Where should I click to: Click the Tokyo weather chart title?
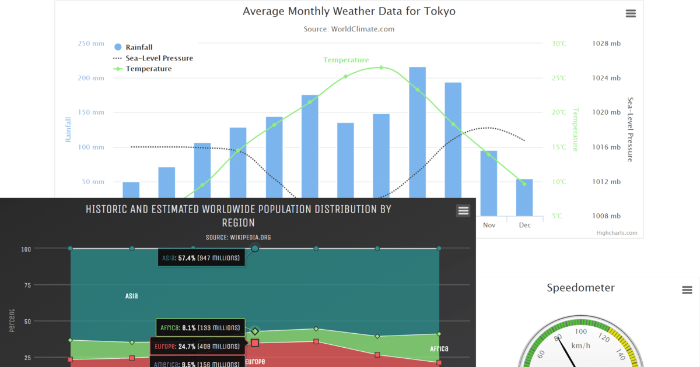coord(349,11)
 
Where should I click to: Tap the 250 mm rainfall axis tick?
coord(90,44)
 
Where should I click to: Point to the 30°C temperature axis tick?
coord(559,44)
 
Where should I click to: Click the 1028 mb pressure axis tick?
coord(606,44)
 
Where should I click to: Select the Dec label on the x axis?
coord(524,224)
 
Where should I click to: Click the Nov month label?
coord(489,224)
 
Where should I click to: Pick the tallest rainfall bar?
coord(417,134)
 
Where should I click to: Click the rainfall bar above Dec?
coord(524,197)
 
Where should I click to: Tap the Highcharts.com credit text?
coord(617,233)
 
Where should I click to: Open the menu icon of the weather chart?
coord(631,13)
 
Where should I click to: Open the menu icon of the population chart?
coord(463,211)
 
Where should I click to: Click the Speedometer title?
coord(580,288)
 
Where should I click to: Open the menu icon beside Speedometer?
coord(687,290)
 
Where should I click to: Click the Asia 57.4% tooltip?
coord(201,258)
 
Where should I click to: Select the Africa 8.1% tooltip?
coord(200,328)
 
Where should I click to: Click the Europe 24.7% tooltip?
coord(197,347)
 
